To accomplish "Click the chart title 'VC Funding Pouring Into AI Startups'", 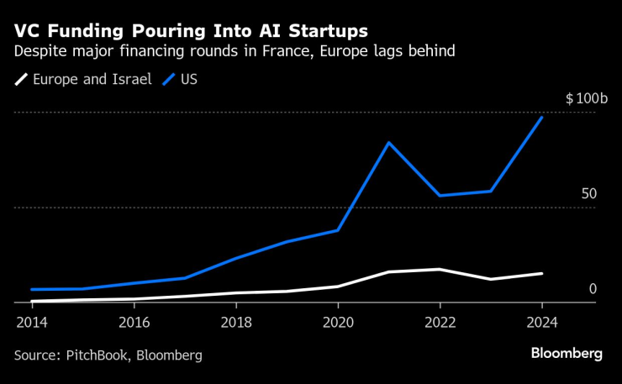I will [x=191, y=31].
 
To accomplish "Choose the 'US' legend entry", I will [x=188, y=80].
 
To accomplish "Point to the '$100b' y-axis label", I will [x=585, y=99].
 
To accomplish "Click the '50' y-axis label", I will [x=588, y=194].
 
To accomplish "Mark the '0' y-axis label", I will [x=592, y=289].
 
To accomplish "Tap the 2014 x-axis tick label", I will [x=32, y=322].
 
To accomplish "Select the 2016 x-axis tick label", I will [x=134, y=322].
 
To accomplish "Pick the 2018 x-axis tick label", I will [x=236, y=322].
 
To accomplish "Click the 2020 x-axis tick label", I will [x=338, y=322].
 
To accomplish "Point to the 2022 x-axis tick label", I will [x=440, y=322].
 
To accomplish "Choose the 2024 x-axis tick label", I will [x=541, y=322].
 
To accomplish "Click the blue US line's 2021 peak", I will [x=388, y=142].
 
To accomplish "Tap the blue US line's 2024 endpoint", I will [x=541, y=118].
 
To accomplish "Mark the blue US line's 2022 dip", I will [x=440, y=196].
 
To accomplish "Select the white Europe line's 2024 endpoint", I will [x=541, y=273].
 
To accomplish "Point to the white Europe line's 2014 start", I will [x=32, y=301].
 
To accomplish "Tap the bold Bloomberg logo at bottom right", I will [x=567, y=354].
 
